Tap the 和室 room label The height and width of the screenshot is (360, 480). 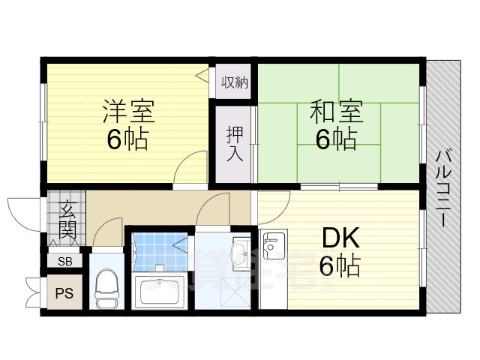(x=336, y=112)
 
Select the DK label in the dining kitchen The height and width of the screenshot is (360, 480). (x=340, y=239)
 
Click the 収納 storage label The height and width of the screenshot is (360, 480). (x=234, y=82)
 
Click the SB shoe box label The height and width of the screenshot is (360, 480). (x=65, y=262)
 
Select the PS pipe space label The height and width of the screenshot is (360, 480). (x=65, y=292)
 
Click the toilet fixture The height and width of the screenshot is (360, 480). (x=106, y=288)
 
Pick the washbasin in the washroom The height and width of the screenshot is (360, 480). (x=241, y=253)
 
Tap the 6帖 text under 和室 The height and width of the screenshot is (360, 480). (x=335, y=139)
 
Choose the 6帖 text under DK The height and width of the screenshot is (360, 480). (x=340, y=265)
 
